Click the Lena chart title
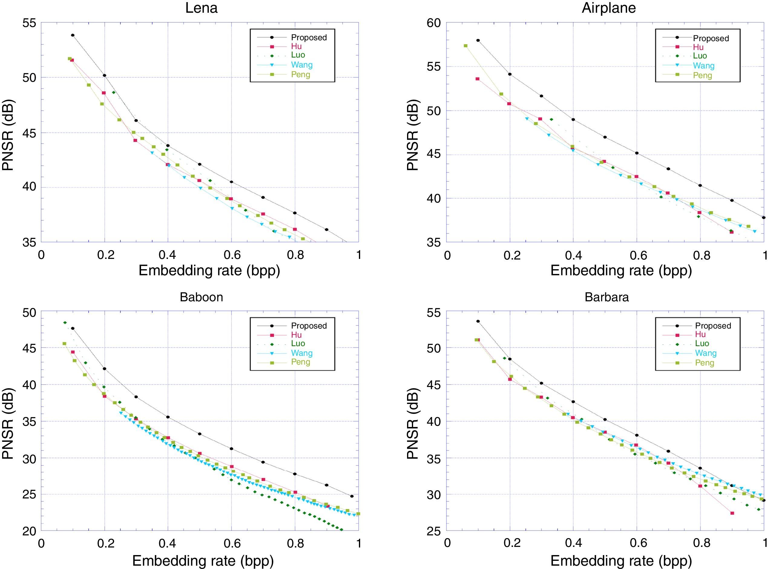pyautogui.click(x=201, y=8)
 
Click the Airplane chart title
pyautogui.click(x=609, y=8)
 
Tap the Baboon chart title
pyautogui.click(x=201, y=297)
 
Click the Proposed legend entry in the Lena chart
pyautogui.click(x=309, y=38)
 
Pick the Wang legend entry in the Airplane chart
pyautogui.click(x=704, y=65)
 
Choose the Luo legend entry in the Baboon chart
pyautogui.click(x=298, y=343)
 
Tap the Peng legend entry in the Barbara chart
pyautogui.click(x=704, y=363)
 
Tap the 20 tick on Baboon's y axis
pyautogui.click(x=29, y=531)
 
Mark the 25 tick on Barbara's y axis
pyautogui.click(x=434, y=531)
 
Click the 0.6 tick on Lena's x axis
pyautogui.click(x=232, y=255)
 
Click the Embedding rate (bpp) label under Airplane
pyautogui.click(x=621, y=271)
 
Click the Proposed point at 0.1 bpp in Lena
pyautogui.click(x=73, y=35)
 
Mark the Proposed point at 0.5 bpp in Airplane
pyautogui.click(x=605, y=137)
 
